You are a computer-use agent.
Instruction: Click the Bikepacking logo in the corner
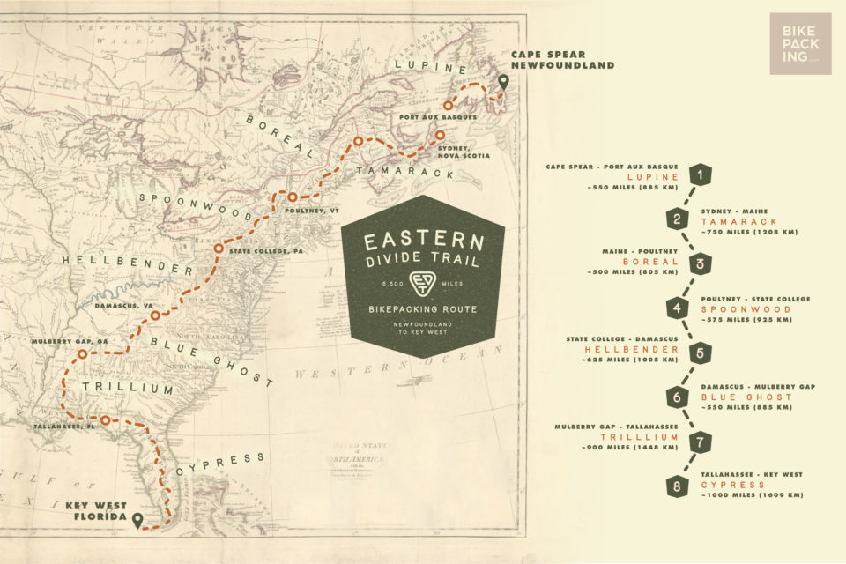pos(799,43)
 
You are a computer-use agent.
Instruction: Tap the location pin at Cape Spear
pos(503,83)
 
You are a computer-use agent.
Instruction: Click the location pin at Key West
pos(137,521)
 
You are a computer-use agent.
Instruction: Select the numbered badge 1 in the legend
pos(701,175)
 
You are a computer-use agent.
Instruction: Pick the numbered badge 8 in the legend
pos(677,486)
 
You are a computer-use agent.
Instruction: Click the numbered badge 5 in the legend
pos(701,352)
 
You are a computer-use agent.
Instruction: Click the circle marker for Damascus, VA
pos(154,315)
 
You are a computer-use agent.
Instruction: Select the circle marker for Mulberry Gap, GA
pos(82,353)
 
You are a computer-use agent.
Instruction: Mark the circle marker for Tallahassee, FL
pos(105,420)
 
